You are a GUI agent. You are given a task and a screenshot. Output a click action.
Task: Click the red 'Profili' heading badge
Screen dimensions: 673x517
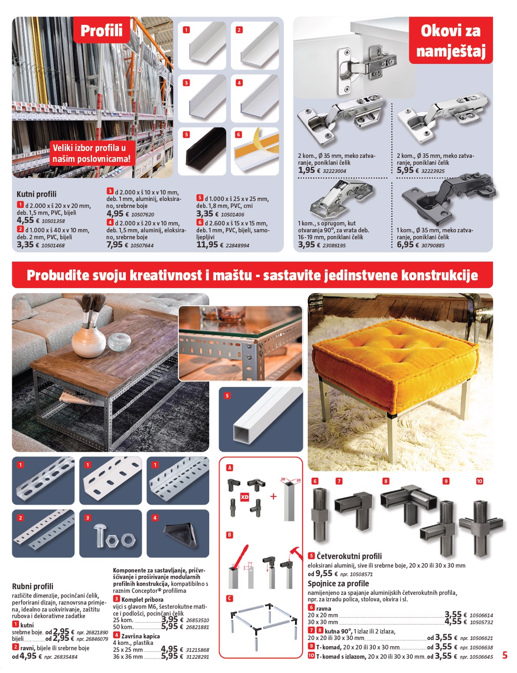coord(102,30)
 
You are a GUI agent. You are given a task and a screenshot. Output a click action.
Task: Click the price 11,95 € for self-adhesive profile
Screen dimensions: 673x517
coord(207,245)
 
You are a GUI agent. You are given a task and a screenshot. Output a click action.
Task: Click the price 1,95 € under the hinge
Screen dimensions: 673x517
coord(306,171)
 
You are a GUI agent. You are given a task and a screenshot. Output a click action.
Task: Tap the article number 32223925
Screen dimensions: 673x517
coord(433,171)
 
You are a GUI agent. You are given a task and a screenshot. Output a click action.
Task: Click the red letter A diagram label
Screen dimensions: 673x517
coord(230,468)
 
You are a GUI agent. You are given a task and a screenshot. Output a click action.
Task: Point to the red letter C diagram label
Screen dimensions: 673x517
coord(230,598)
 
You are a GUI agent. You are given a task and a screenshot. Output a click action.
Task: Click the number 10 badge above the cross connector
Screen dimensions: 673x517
coord(479,481)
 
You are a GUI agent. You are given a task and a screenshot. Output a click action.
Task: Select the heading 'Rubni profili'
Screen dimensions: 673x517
coord(33,586)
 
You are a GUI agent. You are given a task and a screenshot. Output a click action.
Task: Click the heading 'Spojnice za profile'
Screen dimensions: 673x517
coord(338,584)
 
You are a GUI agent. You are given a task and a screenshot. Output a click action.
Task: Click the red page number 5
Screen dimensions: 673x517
coord(504,655)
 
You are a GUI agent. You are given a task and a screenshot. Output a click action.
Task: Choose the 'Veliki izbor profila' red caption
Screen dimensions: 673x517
coord(91,153)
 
